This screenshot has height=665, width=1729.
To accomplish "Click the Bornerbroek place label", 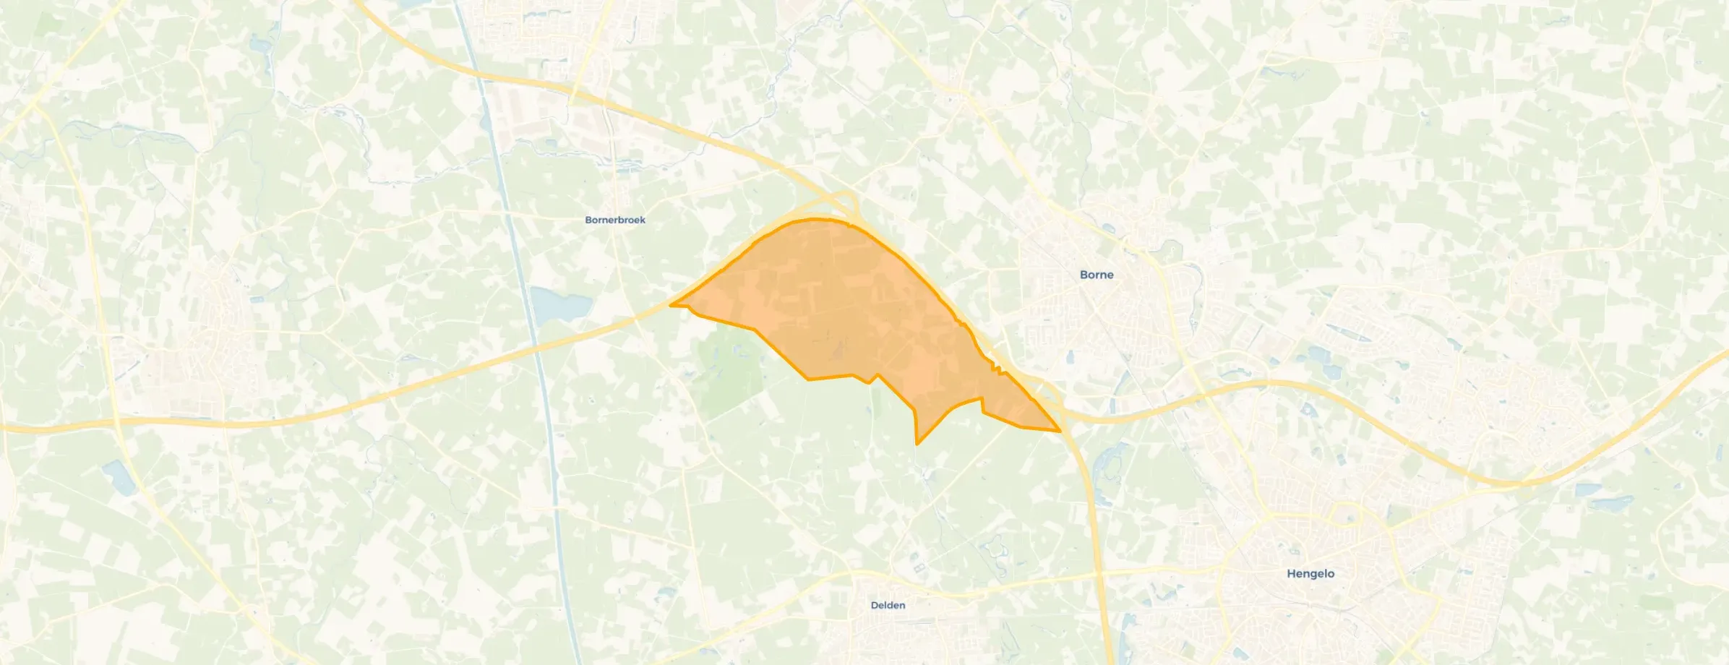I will pos(615,220).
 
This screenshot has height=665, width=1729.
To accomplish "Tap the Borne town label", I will pos(1096,275).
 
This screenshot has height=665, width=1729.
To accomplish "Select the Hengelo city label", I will pos(1310,573).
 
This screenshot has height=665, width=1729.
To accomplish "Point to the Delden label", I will pos(888,605).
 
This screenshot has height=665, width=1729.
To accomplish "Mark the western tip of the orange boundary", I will pos(672,305).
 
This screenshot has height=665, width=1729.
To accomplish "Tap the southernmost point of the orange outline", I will pos(917,443).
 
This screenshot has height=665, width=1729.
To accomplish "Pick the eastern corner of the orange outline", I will pos(1060,431).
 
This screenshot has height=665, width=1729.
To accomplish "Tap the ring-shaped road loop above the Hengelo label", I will pos(1344,515).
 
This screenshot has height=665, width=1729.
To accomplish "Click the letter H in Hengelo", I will pos(1292,573).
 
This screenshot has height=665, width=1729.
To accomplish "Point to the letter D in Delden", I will pos(875,605).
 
